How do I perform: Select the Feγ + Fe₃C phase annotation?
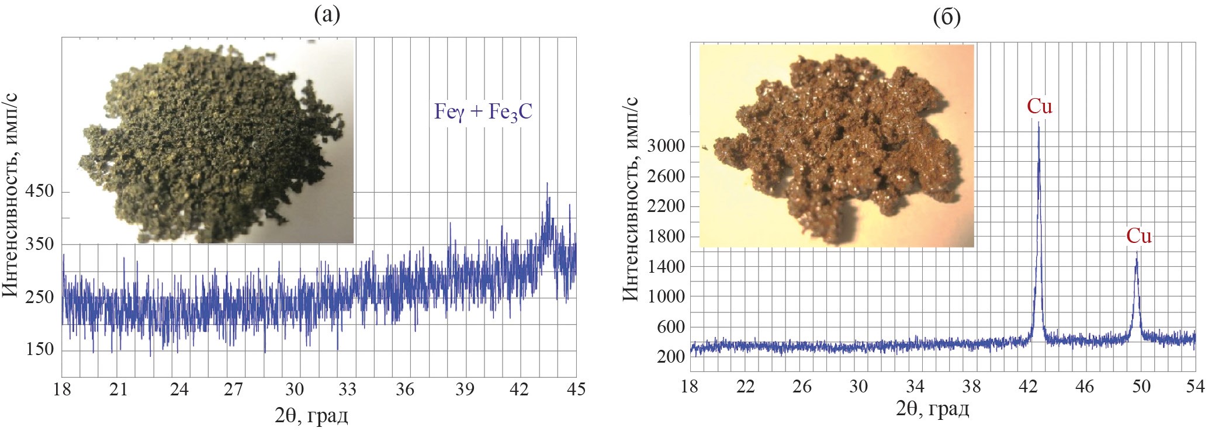483,111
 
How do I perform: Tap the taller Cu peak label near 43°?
1040,106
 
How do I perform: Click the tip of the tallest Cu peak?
1039,123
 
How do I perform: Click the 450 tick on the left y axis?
39,192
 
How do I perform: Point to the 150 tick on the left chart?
39,350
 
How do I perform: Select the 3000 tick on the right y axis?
665,146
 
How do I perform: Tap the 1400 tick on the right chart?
665,266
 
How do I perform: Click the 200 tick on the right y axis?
670,356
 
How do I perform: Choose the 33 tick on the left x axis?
348,390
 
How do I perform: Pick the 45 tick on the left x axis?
576,390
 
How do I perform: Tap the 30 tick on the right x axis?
859,386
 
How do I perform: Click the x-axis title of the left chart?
311,416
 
